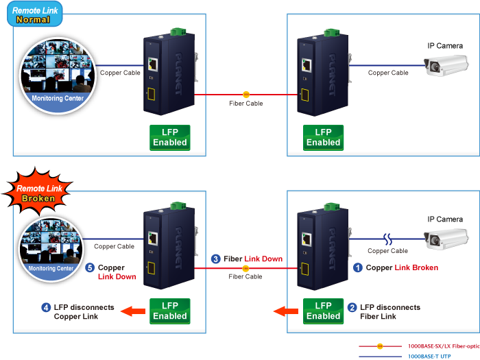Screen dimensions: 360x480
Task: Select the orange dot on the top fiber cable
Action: pyautogui.click(x=246, y=93)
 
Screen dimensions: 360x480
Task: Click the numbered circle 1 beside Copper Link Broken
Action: pyautogui.click(x=357, y=268)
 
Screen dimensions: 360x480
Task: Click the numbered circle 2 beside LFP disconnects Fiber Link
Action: pyautogui.click(x=352, y=308)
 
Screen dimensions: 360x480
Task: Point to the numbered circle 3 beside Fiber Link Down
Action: pyautogui.click(x=215, y=260)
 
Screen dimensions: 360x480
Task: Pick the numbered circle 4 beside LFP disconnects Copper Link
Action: pyautogui.click(x=46, y=308)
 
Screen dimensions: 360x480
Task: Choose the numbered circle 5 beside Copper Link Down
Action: pyautogui.click(x=89, y=268)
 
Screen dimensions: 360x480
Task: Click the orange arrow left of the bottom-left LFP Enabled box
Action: pyautogui.click(x=134, y=312)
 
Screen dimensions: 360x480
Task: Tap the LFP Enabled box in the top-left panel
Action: pyautogui.click(x=169, y=137)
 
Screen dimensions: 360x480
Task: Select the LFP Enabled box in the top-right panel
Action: pyautogui.click(x=323, y=137)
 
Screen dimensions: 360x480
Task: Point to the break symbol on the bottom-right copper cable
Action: pyautogui.click(x=388, y=240)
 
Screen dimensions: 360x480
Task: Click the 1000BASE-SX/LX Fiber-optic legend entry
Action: pyautogui.click(x=419, y=346)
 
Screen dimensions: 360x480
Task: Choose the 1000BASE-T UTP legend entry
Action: pyautogui.click(x=419, y=356)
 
